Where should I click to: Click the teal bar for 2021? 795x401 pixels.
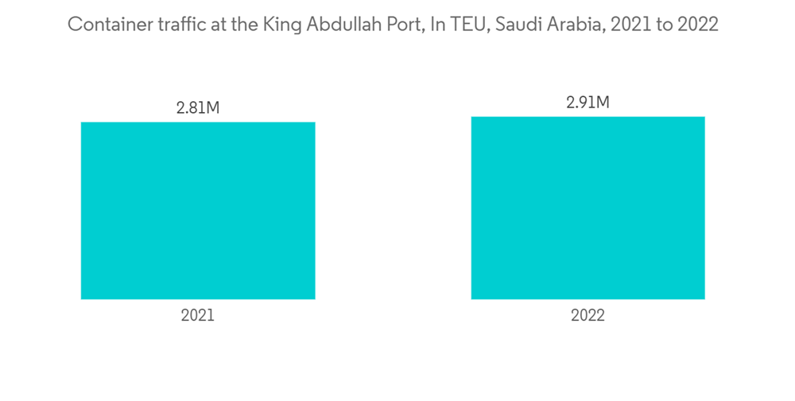click(x=198, y=211)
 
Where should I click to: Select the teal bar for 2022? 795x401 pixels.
click(x=588, y=208)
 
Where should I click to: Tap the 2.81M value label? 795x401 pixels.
click(x=198, y=107)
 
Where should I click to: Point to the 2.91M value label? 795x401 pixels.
click(x=588, y=102)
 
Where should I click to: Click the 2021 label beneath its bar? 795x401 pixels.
click(x=198, y=315)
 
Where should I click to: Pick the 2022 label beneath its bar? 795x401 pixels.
click(x=588, y=315)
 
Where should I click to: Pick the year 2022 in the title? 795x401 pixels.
click(x=698, y=25)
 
